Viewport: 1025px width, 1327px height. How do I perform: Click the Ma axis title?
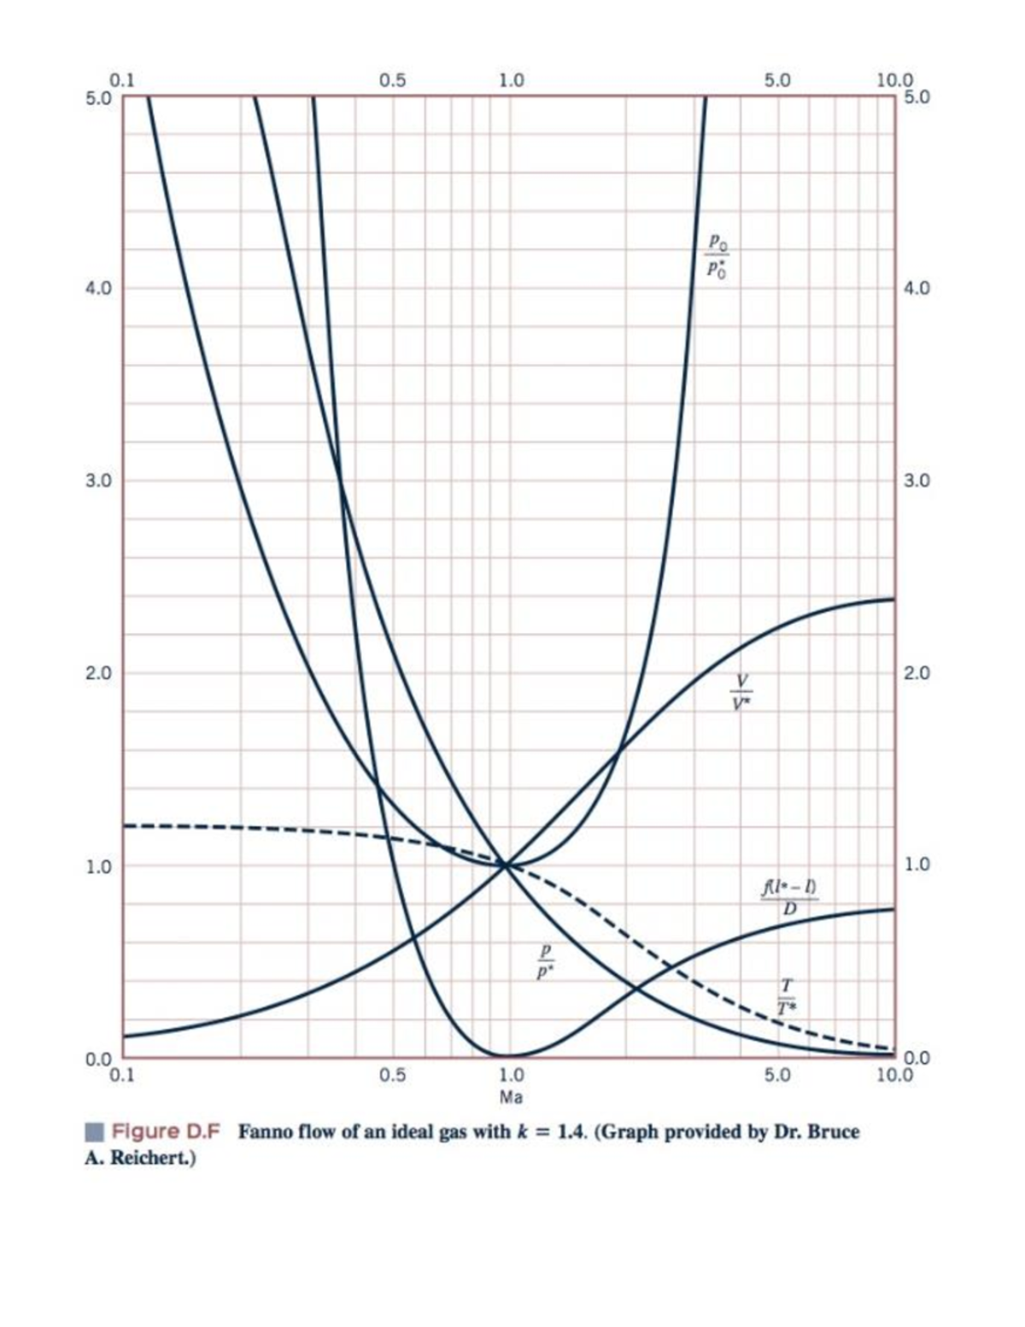click(x=512, y=1095)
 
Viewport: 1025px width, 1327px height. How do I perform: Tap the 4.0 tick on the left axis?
click(x=99, y=288)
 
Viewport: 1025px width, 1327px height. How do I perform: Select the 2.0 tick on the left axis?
click(x=99, y=672)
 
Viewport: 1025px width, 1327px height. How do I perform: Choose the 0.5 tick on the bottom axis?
click(x=392, y=1073)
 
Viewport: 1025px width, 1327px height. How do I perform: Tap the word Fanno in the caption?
click(x=266, y=1132)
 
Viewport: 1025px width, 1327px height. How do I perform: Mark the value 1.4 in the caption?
click(x=570, y=1132)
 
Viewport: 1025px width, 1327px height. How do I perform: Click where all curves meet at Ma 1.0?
click(x=507, y=865)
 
